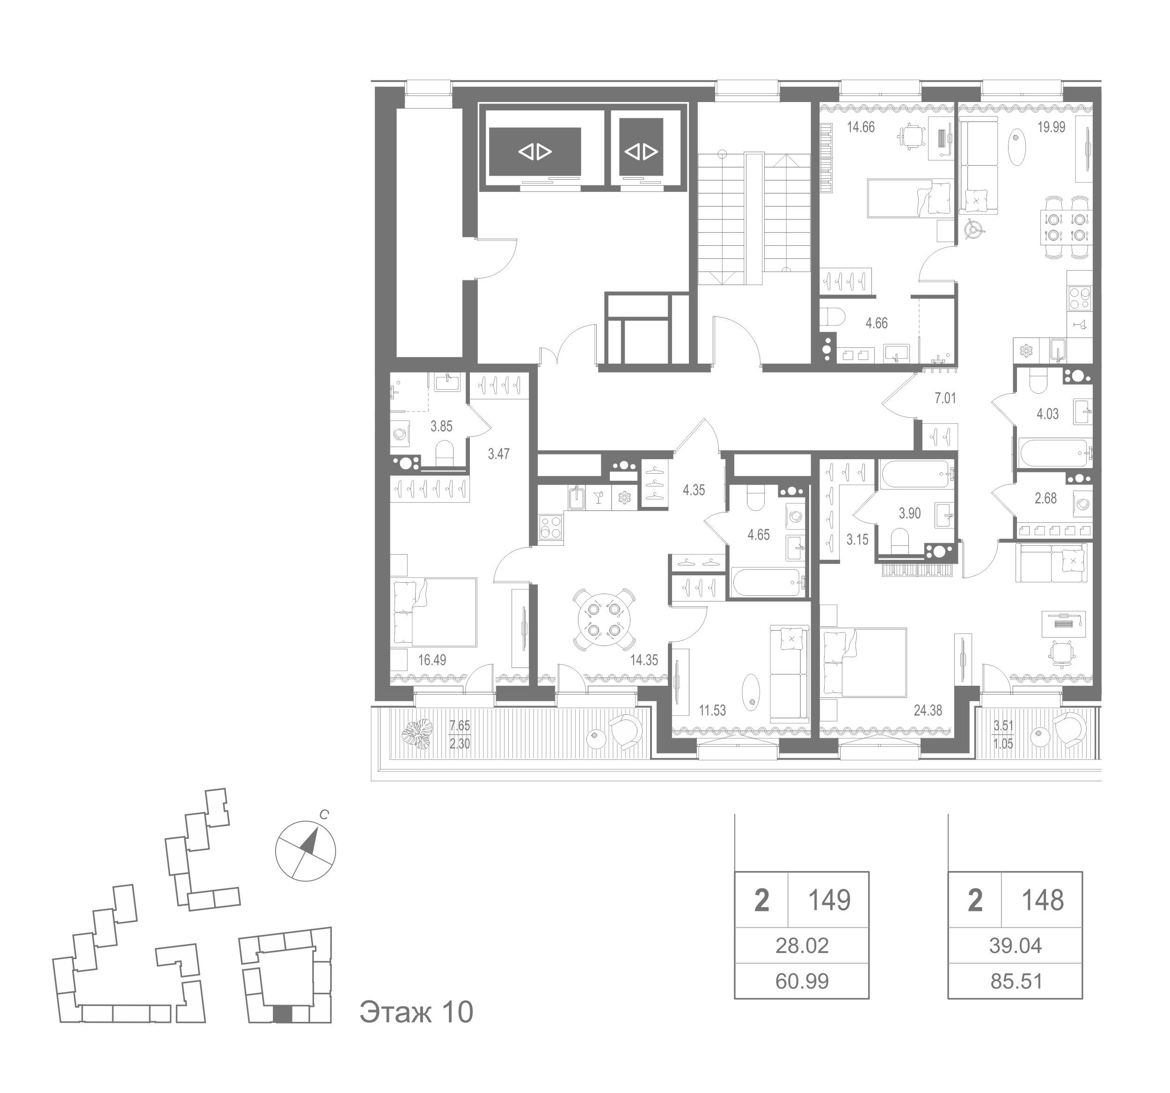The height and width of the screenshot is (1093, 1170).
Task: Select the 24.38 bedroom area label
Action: click(x=928, y=711)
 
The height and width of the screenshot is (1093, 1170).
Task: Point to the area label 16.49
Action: click(x=432, y=660)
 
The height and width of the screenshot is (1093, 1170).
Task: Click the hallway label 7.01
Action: click(x=945, y=398)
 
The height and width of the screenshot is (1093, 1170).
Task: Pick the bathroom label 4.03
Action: click(x=1047, y=414)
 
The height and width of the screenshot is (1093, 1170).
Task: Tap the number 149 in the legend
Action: click(x=829, y=900)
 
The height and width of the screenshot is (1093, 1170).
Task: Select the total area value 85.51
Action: click(x=1016, y=981)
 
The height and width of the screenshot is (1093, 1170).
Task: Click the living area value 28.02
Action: click(x=802, y=945)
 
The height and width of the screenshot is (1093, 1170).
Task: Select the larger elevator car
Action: click(x=535, y=151)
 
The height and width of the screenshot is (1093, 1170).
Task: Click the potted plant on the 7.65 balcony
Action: click(x=417, y=734)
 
